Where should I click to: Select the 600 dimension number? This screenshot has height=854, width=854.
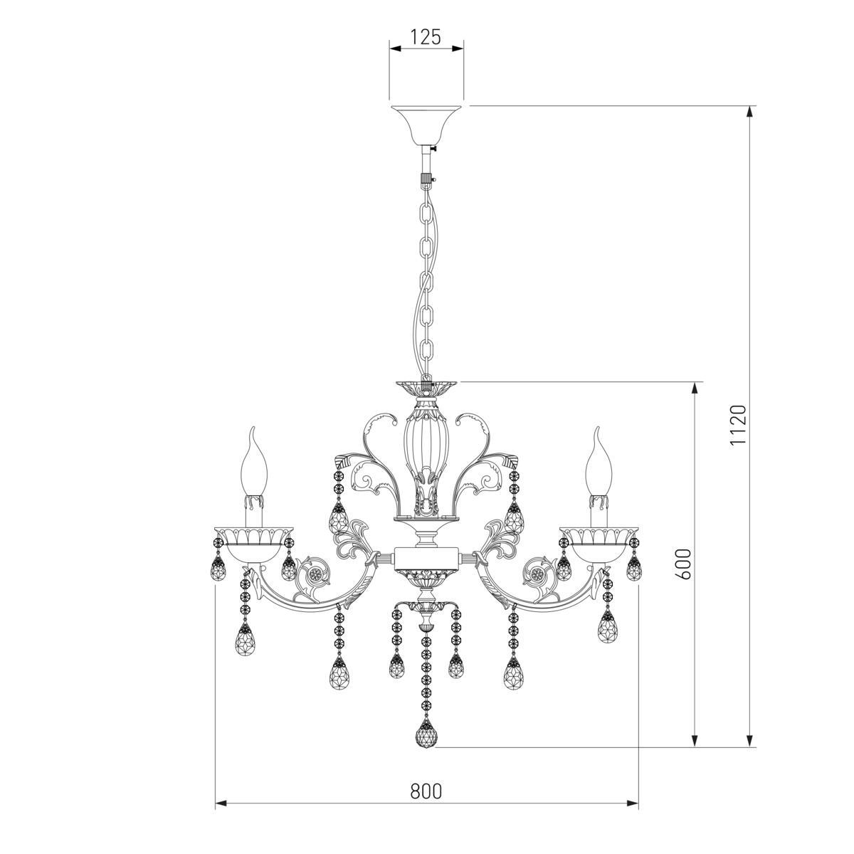pos(684,564)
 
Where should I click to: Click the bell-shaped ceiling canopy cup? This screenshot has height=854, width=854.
pos(426,126)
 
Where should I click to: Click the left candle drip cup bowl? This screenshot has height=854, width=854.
pos(253,544)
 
